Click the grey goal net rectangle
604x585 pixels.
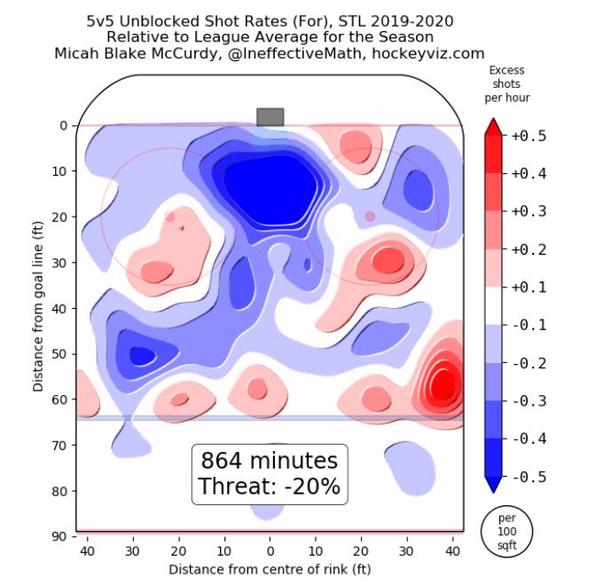click(x=270, y=116)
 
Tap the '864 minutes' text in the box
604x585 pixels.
click(x=269, y=462)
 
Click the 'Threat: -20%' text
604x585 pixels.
click(x=269, y=486)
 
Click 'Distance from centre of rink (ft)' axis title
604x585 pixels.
click(x=270, y=568)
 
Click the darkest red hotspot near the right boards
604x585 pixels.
click(x=442, y=384)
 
